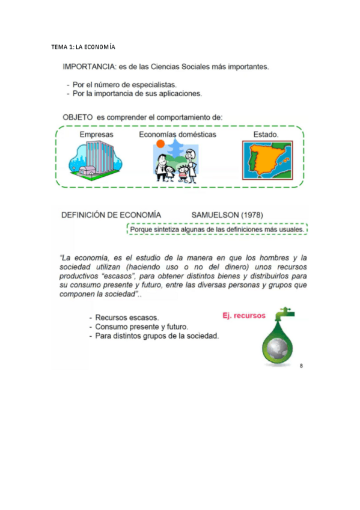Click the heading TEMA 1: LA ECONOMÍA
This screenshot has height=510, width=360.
pyautogui.click(x=82, y=47)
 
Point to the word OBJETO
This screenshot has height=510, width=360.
pyautogui.click(x=78, y=117)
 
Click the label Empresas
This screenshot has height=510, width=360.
pyautogui.click(x=96, y=135)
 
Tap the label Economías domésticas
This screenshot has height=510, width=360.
pyautogui.click(x=177, y=135)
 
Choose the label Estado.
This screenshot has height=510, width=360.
pyautogui.click(x=266, y=135)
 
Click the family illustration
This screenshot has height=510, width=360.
pyautogui.click(x=176, y=166)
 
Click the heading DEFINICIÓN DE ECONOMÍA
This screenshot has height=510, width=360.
pyautogui.click(x=111, y=215)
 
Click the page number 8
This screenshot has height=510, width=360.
pyautogui.click(x=301, y=365)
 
